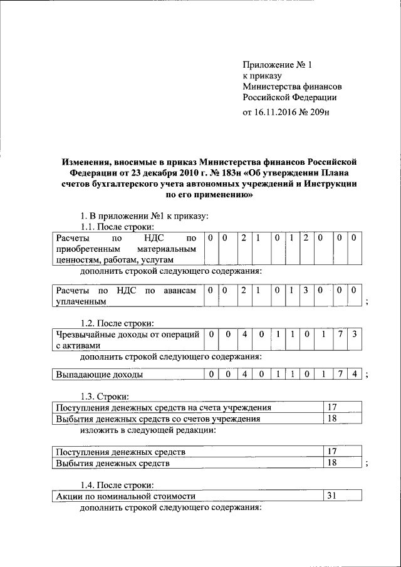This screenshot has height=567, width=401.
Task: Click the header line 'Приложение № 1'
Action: coord(278,64)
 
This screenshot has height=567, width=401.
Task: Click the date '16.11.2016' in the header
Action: coord(277,113)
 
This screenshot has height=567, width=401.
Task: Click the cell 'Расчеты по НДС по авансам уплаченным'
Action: coord(126,296)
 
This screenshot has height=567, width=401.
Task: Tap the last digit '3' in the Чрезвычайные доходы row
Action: coord(355,335)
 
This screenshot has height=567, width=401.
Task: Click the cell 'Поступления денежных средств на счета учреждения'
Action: coord(186,408)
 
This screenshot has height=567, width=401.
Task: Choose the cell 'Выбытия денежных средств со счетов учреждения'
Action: coord(186,419)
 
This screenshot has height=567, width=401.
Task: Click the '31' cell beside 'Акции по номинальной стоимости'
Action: coord(341,496)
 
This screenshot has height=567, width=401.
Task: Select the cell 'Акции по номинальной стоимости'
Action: coord(186,496)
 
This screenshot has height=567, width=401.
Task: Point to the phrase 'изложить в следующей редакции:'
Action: coord(148,430)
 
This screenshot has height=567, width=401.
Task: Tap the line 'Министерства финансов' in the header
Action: coord(293,86)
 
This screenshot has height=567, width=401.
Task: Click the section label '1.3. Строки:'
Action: coord(105,397)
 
